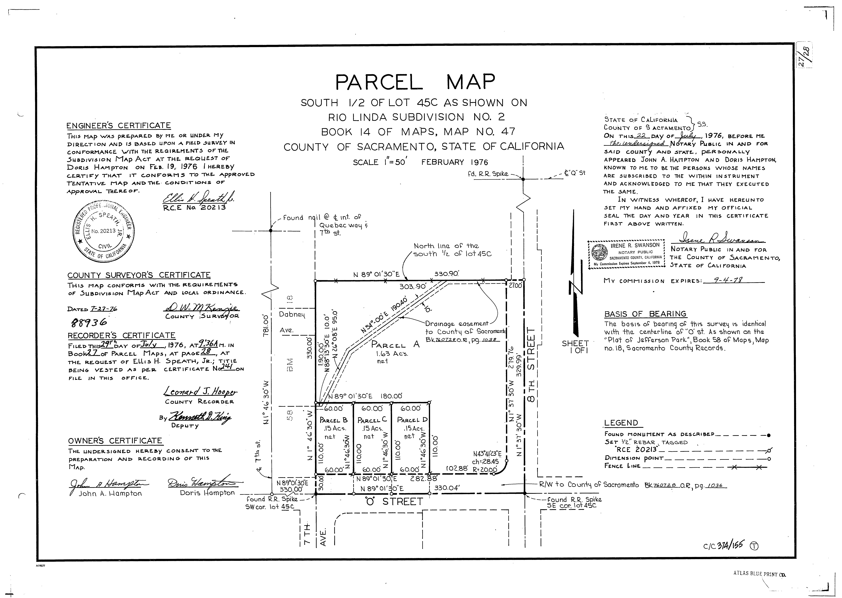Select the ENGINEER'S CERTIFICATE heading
(x=119, y=126)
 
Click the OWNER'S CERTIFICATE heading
(x=115, y=441)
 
